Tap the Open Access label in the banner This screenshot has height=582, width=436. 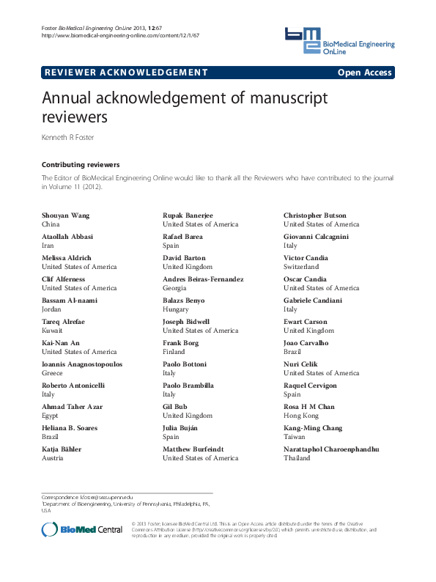tap(365, 73)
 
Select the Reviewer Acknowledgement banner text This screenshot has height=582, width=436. tap(126, 73)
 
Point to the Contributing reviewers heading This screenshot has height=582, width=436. tap(81, 165)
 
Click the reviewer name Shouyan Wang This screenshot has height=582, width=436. tap(66, 216)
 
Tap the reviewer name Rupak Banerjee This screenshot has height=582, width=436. tap(188, 216)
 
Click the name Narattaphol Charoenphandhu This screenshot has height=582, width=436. tap(331, 449)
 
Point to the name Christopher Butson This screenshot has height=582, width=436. tap(315, 216)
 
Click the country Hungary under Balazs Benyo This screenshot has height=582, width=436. tap(177, 309)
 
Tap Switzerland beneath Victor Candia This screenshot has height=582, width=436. tap(301, 267)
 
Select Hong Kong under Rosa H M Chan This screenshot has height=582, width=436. tap(300, 416)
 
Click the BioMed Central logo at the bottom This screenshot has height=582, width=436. tap(82, 529)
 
